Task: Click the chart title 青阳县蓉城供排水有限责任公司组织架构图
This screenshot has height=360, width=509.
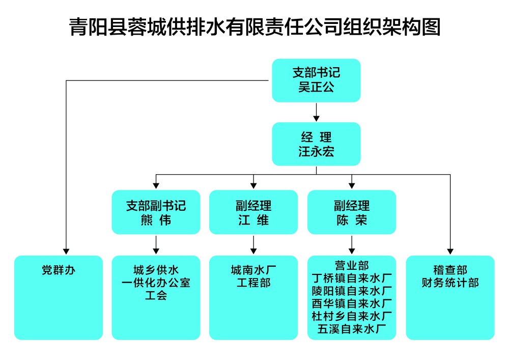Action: [x=254, y=26]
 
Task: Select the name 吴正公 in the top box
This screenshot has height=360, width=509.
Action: [x=316, y=87]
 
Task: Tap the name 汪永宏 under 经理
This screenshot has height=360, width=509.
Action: [x=316, y=151]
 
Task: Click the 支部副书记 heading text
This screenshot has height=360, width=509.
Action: [x=156, y=206]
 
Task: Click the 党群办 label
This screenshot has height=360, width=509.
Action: [x=58, y=270]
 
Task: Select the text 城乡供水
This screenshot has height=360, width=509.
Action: [x=156, y=270]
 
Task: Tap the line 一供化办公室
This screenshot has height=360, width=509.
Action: [x=156, y=283]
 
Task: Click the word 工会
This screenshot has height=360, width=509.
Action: [x=156, y=295]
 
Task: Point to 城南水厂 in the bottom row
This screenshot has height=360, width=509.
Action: [x=253, y=270]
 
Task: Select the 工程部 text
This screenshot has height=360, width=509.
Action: [x=253, y=283]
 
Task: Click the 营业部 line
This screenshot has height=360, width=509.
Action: [x=351, y=265]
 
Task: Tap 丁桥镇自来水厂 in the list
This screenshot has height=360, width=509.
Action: [x=351, y=278]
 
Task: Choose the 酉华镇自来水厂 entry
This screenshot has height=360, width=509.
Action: [x=351, y=303]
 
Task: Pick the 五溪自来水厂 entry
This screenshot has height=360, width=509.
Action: [x=351, y=329]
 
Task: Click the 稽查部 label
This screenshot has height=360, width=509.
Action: [x=450, y=270]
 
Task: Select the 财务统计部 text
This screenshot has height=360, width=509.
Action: [x=450, y=283]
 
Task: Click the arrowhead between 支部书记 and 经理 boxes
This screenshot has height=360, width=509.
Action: [x=316, y=118]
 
